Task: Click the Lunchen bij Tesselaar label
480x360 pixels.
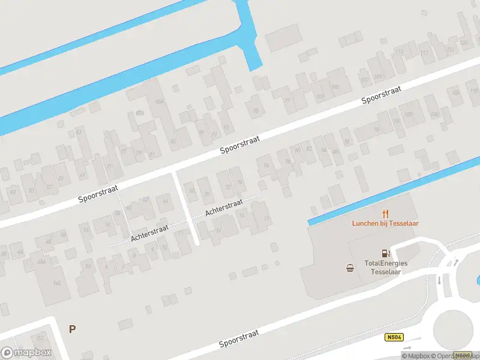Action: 385,223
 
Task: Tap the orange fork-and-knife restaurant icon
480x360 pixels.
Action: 385,213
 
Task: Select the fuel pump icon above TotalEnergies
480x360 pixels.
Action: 383,254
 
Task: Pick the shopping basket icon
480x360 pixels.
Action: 350,268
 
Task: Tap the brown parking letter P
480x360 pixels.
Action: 72,329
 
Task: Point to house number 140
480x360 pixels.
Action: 58,283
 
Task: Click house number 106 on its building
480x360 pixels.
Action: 433,113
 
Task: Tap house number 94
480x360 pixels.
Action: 377,129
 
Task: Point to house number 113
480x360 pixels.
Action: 425,53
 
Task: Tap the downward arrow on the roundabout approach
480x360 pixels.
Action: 439,280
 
